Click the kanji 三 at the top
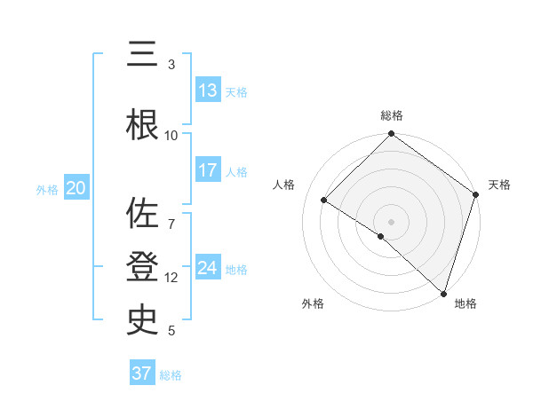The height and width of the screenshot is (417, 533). click(x=143, y=55)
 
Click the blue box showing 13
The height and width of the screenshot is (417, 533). click(x=208, y=90)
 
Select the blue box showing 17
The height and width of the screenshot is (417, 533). click(x=208, y=170)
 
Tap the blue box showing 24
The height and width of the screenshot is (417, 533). click(x=208, y=268)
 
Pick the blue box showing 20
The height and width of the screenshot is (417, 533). click(x=76, y=188)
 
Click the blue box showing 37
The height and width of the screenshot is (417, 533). click(x=142, y=374)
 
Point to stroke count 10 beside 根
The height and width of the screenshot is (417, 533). click(x=171, y=135)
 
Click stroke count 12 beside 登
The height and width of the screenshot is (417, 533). click(x=171, y=278)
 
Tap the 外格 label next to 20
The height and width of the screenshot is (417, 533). click(x=47, y=189)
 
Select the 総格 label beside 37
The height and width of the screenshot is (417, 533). click(x=171, y=375)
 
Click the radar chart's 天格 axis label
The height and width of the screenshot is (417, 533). click(x=499, y=185)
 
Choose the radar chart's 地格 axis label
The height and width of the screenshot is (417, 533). click(x=465, y=303)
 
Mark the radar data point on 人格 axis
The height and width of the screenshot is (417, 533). click(x=324, y=201)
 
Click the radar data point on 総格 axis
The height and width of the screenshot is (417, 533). click(x=391, y=135)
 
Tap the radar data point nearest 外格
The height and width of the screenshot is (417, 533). click(x=381, y=236)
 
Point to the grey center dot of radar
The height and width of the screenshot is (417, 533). click(x=391, y=221)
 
